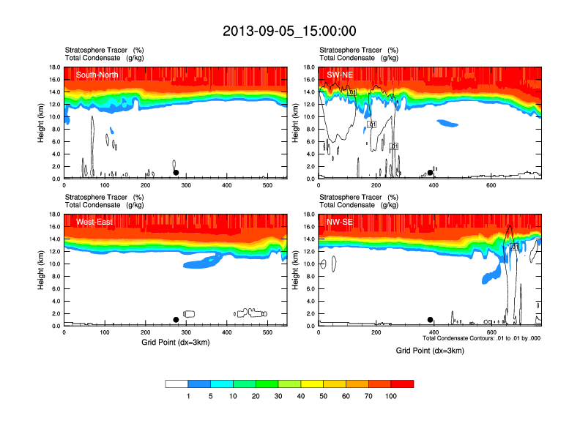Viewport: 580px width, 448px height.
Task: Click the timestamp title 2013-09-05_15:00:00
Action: click(x=289, y=31)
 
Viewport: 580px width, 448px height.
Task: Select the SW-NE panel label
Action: click(x=339, y=74)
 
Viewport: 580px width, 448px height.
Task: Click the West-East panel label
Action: click(x=94, y=222)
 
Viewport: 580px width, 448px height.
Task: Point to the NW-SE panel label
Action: click(x=339, y=222)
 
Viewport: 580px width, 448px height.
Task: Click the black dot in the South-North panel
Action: click(x=176, y=173)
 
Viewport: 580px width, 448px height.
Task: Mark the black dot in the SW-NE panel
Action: click(x=431, y=173)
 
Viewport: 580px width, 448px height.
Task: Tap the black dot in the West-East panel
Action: click(x=176, y=320)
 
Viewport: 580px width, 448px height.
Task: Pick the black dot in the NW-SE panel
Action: click(x=431, y=320)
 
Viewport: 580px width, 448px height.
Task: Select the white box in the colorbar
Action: click(x=176, y=384)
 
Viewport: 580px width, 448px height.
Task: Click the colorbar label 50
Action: click(x=335, y=396)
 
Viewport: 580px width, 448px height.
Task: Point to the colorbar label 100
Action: click(x=391, y=396)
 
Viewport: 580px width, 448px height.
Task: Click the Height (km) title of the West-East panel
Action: click(x=41, y=269)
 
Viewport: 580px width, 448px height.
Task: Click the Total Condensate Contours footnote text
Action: click(x=481, y=338)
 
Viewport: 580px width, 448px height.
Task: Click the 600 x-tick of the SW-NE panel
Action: click(x=491, y=185)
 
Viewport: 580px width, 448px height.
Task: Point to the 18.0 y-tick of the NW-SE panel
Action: click(x=309, y=214)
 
